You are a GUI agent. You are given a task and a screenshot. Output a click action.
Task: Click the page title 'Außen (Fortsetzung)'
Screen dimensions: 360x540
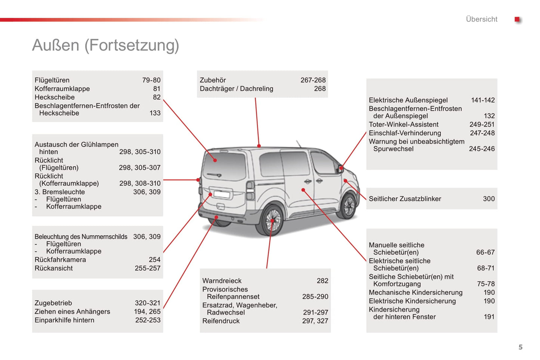click(105, 45)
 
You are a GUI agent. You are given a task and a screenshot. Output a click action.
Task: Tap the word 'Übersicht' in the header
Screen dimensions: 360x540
click(481, 19)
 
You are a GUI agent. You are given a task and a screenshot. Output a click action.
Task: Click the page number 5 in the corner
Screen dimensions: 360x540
click(520, 347)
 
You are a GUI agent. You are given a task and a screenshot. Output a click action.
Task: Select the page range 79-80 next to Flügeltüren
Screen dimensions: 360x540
click(151, 80)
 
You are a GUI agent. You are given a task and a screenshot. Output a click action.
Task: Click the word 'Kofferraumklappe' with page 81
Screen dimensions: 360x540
click(62, 89)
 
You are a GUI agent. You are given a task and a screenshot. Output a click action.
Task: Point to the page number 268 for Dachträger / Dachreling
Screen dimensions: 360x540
click(320, 89)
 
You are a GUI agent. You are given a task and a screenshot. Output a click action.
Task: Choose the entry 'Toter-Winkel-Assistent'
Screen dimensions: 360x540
click(403, 124)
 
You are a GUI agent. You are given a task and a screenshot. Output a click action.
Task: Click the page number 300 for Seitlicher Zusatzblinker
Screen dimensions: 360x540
click(488, 199)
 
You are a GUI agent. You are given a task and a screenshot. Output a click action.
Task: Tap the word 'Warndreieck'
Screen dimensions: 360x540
click(222, 280)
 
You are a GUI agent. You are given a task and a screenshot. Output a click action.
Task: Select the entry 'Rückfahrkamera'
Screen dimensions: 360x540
click(60, 260)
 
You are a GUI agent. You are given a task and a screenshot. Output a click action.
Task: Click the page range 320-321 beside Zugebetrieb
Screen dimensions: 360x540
click(147, 303)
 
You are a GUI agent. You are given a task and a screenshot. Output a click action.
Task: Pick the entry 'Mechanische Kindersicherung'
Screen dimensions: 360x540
click(415, 292)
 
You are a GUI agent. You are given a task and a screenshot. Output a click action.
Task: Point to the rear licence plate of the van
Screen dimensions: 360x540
click(222, 194)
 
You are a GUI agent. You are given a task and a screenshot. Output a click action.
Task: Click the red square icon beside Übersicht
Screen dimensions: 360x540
click(517, 19)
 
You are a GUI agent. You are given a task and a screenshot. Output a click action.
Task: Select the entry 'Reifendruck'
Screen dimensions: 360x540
click(221, 321)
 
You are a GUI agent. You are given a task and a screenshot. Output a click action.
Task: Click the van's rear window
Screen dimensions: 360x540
click(224, 165)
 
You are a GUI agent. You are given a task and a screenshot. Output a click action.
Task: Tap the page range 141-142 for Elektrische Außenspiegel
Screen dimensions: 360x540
click(482, 100)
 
